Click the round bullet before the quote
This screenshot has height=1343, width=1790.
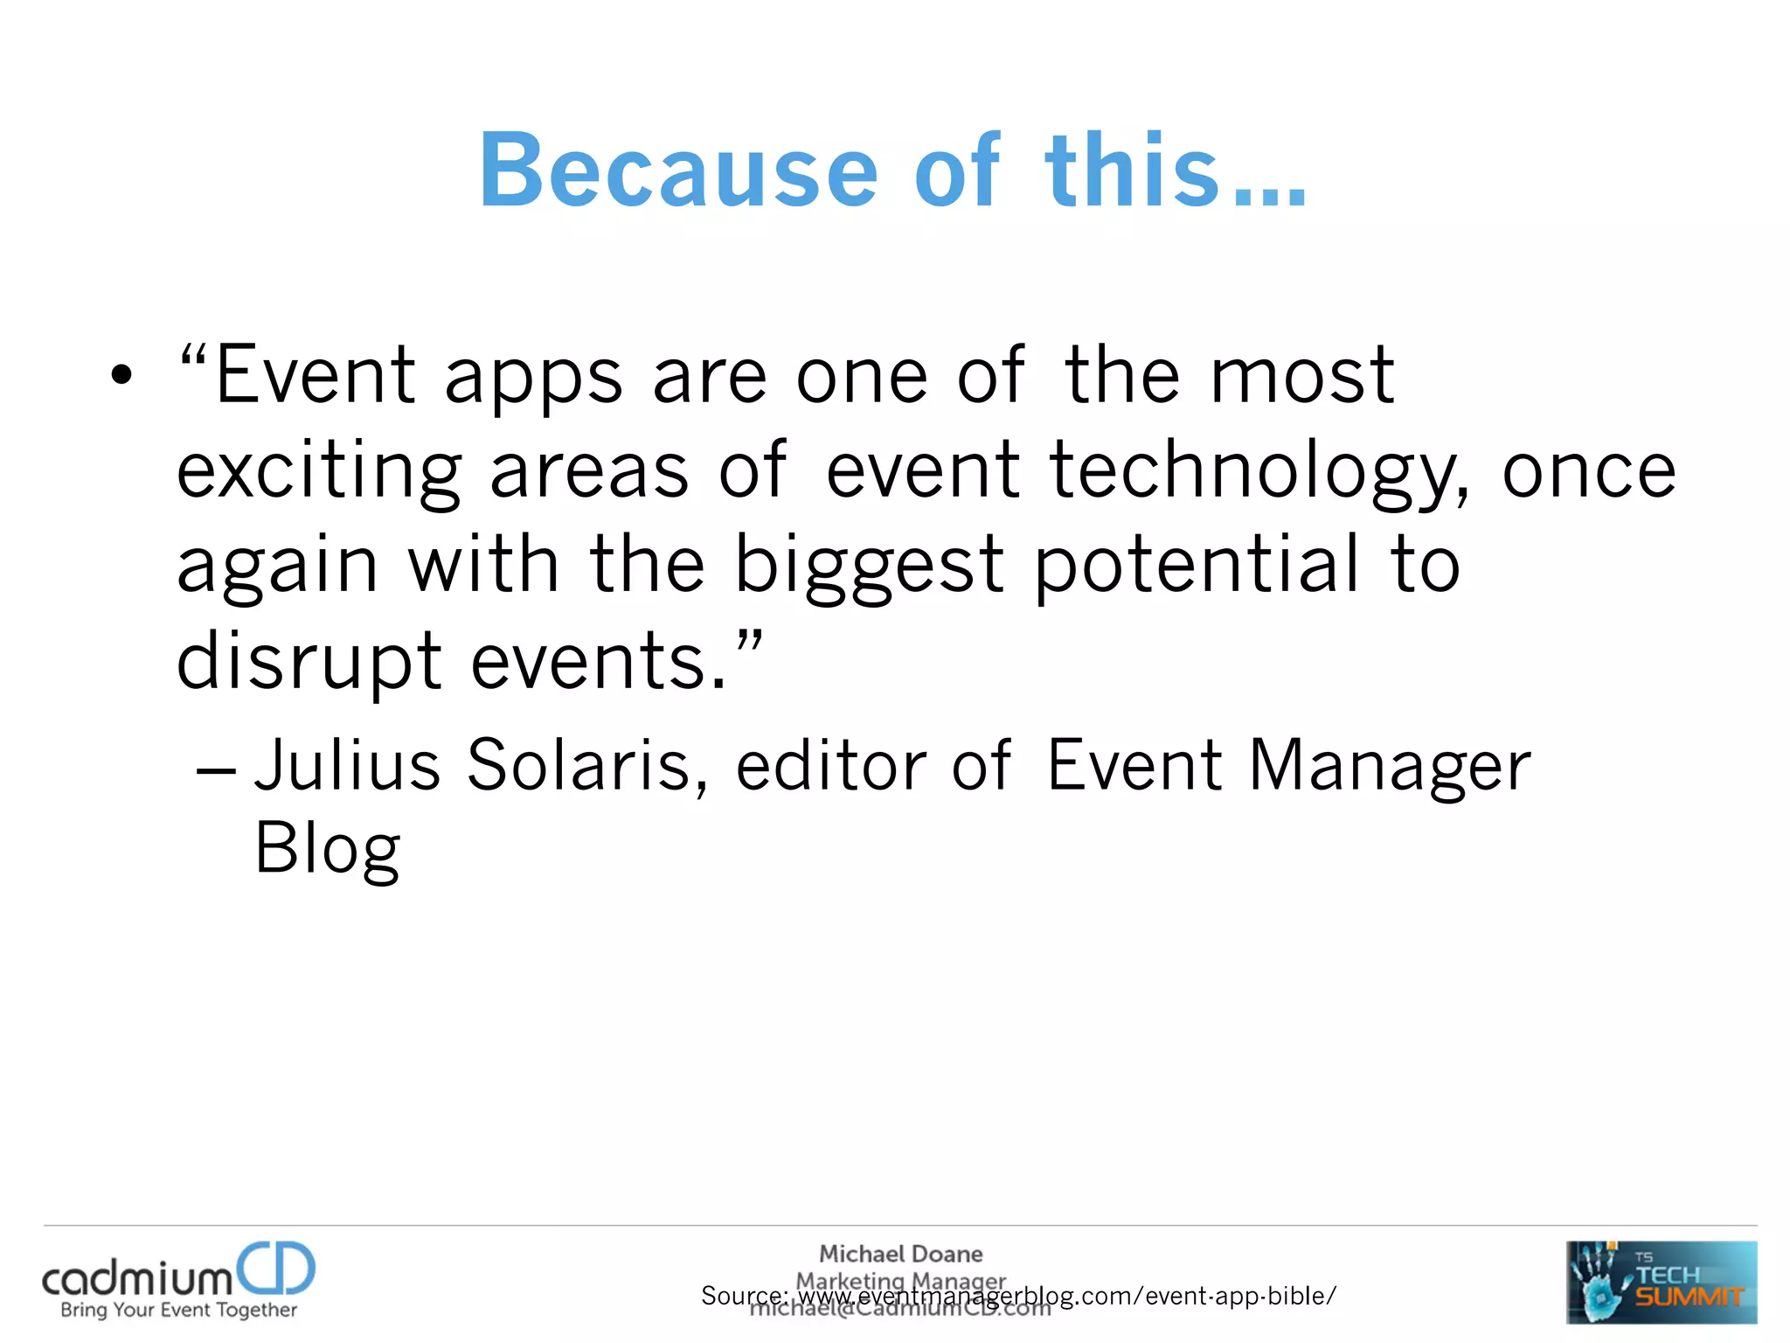click(x=121, y=375)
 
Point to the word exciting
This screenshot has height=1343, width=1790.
click(x=318, y=473)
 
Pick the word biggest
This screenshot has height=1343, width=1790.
click(x=868, y=567)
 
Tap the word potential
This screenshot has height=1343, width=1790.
click(x=1196, y=567)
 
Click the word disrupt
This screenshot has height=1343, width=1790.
click(x=309, y=663)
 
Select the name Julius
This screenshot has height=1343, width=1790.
click(x=347, y=765)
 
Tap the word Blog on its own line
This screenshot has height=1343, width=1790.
click(x=328, y=848)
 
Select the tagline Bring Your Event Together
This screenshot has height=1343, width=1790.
click(x=178, y=1310)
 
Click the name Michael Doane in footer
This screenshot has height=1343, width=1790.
click(x=900, y=1254)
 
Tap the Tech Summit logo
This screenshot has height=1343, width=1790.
click(x=1661, y=1282)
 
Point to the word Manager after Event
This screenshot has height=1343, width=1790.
click(x=1390, y=765)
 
